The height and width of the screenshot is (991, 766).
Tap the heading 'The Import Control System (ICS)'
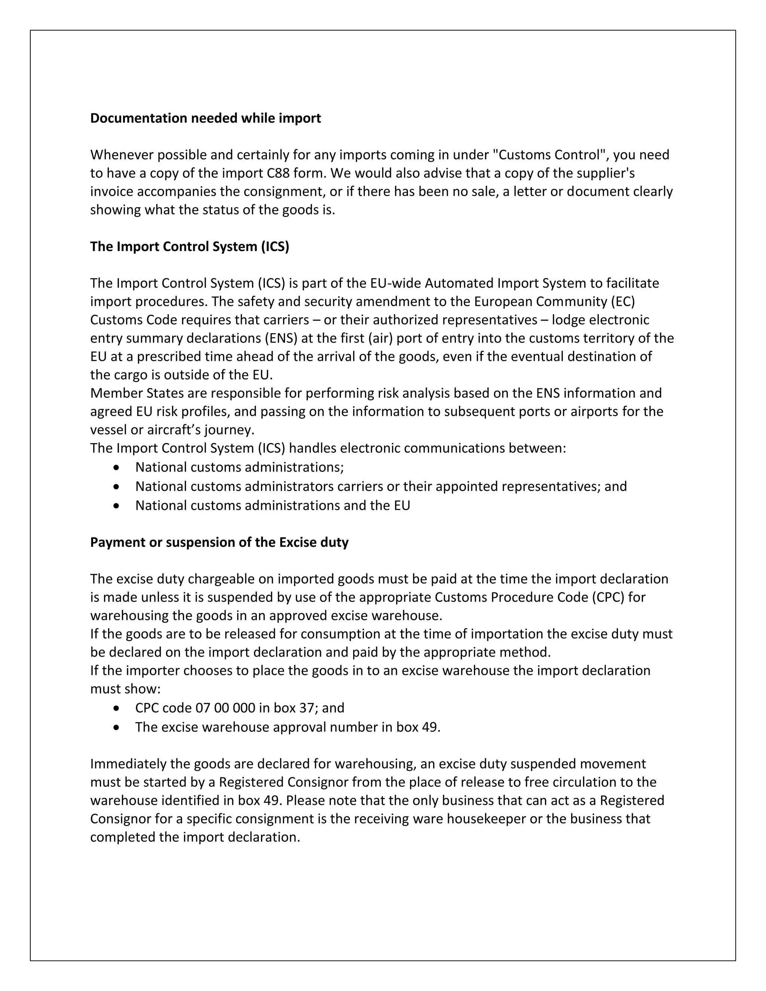(x=189, y=246)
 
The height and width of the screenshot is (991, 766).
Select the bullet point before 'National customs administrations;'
(x=117, y=467)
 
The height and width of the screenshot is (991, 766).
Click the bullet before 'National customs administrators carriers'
(x=117, y=487)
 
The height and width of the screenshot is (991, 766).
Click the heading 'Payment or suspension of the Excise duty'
(x=219, y=542)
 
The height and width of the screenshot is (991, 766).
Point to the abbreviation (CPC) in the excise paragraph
(x=608, y=597)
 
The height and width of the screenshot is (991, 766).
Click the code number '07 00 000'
(x=225, y=708)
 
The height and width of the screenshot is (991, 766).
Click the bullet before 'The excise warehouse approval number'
(x=117, y=727)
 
